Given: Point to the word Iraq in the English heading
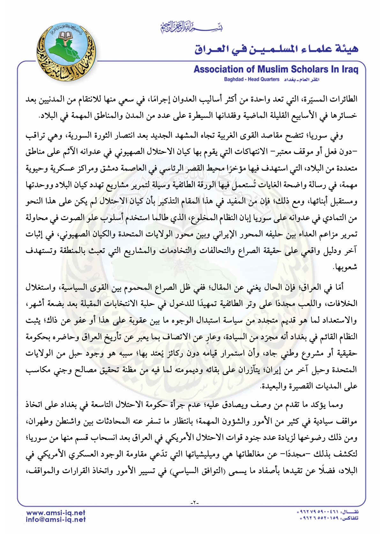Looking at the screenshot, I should click(349, 69).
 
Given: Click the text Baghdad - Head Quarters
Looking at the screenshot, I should click(251, 79).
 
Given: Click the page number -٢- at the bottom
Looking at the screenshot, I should click(194, 503).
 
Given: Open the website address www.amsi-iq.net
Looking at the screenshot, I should click(56, 513).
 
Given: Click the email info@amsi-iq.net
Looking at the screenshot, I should click(56, 519).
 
